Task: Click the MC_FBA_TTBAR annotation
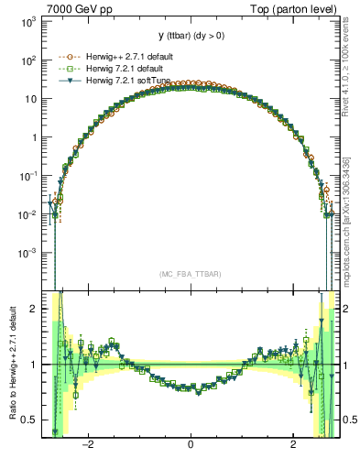click(190, 274)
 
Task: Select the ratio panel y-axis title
click(12, 363)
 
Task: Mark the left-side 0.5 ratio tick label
click(31, 420)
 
